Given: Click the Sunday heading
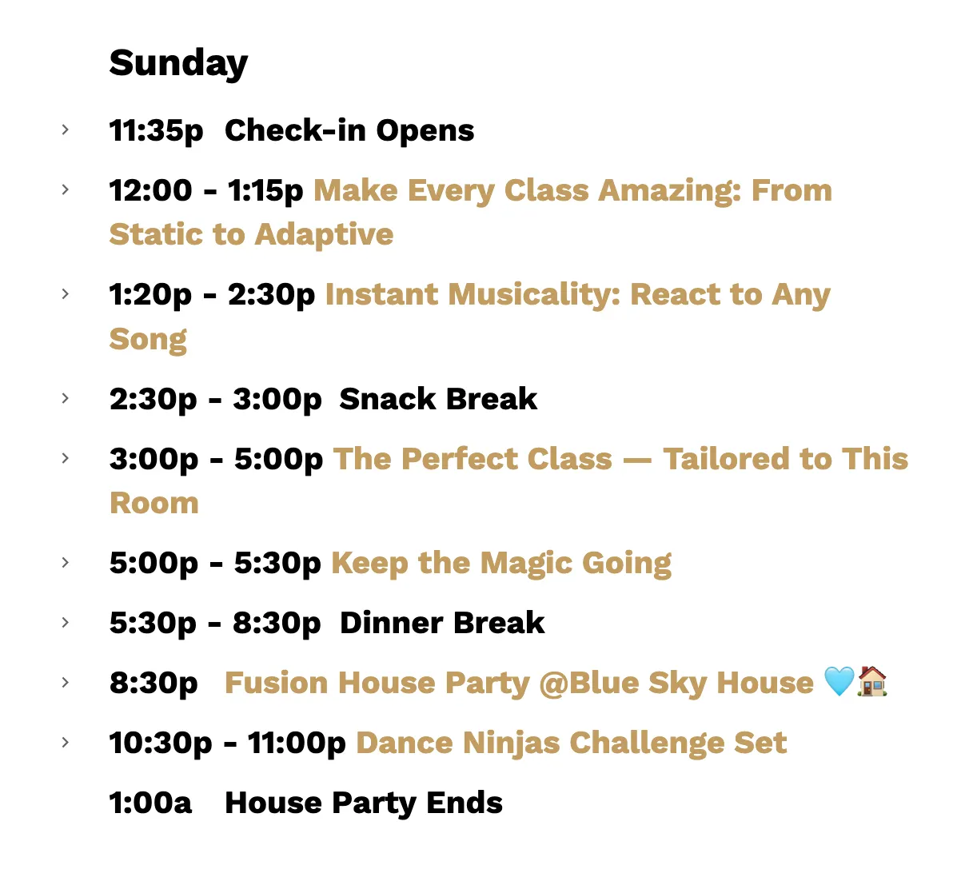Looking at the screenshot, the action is tap(178, 63).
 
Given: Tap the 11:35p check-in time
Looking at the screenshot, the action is tap(156, 130).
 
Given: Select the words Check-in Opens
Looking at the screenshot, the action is tap(349, 130).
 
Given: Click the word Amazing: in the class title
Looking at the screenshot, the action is tap(670, 190).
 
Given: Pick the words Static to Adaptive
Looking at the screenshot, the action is tap(251, 234).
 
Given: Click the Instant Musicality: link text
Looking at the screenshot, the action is tap(473, 295).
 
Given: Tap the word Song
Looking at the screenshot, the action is tap(148, 340).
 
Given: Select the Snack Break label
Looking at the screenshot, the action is tap(438, 399).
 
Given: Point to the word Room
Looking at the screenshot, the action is tap(154, 503).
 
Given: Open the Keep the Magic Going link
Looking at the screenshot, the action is tap(501, 564).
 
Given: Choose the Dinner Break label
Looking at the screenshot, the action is tap(442, 623).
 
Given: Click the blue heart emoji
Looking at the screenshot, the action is tap(839, 681).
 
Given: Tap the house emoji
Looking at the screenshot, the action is tap(872, 681).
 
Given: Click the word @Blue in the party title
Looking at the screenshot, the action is tap(588, 683).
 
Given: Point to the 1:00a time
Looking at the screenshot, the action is tap(150, 803).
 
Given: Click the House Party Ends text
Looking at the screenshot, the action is tap(363, 803).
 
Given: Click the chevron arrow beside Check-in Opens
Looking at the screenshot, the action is tap(66, 130).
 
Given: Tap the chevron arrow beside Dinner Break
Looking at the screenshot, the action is tap(66, 622).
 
